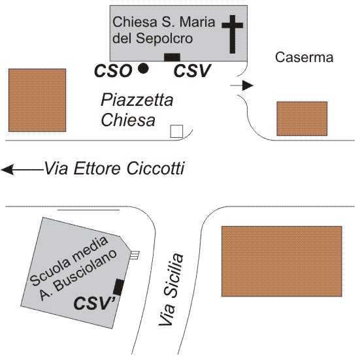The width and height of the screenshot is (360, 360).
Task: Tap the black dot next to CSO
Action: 143,68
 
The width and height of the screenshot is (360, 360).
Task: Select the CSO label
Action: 113,71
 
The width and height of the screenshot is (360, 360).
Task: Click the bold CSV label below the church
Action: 192,71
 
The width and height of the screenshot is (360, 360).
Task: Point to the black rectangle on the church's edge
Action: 172,57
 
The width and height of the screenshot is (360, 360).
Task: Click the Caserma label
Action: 304,57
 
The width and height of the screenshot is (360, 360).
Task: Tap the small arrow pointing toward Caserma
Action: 242,86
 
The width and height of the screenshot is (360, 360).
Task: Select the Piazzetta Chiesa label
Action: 137,110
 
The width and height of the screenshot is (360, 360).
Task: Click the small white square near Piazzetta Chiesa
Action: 176,131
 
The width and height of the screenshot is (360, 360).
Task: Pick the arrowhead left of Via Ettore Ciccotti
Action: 7,170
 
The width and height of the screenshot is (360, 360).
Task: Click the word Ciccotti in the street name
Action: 155,169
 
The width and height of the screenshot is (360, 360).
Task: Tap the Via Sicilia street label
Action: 171,289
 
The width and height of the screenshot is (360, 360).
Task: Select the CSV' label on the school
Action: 95,303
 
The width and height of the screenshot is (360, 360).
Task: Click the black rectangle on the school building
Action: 118,287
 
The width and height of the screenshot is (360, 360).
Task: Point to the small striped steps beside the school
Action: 135,255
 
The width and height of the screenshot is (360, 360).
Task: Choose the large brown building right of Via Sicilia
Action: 282,261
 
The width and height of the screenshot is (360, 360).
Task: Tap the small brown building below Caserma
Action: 302,118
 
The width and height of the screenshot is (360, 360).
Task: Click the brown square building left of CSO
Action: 37,101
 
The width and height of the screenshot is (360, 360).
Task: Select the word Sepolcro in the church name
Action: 164,39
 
